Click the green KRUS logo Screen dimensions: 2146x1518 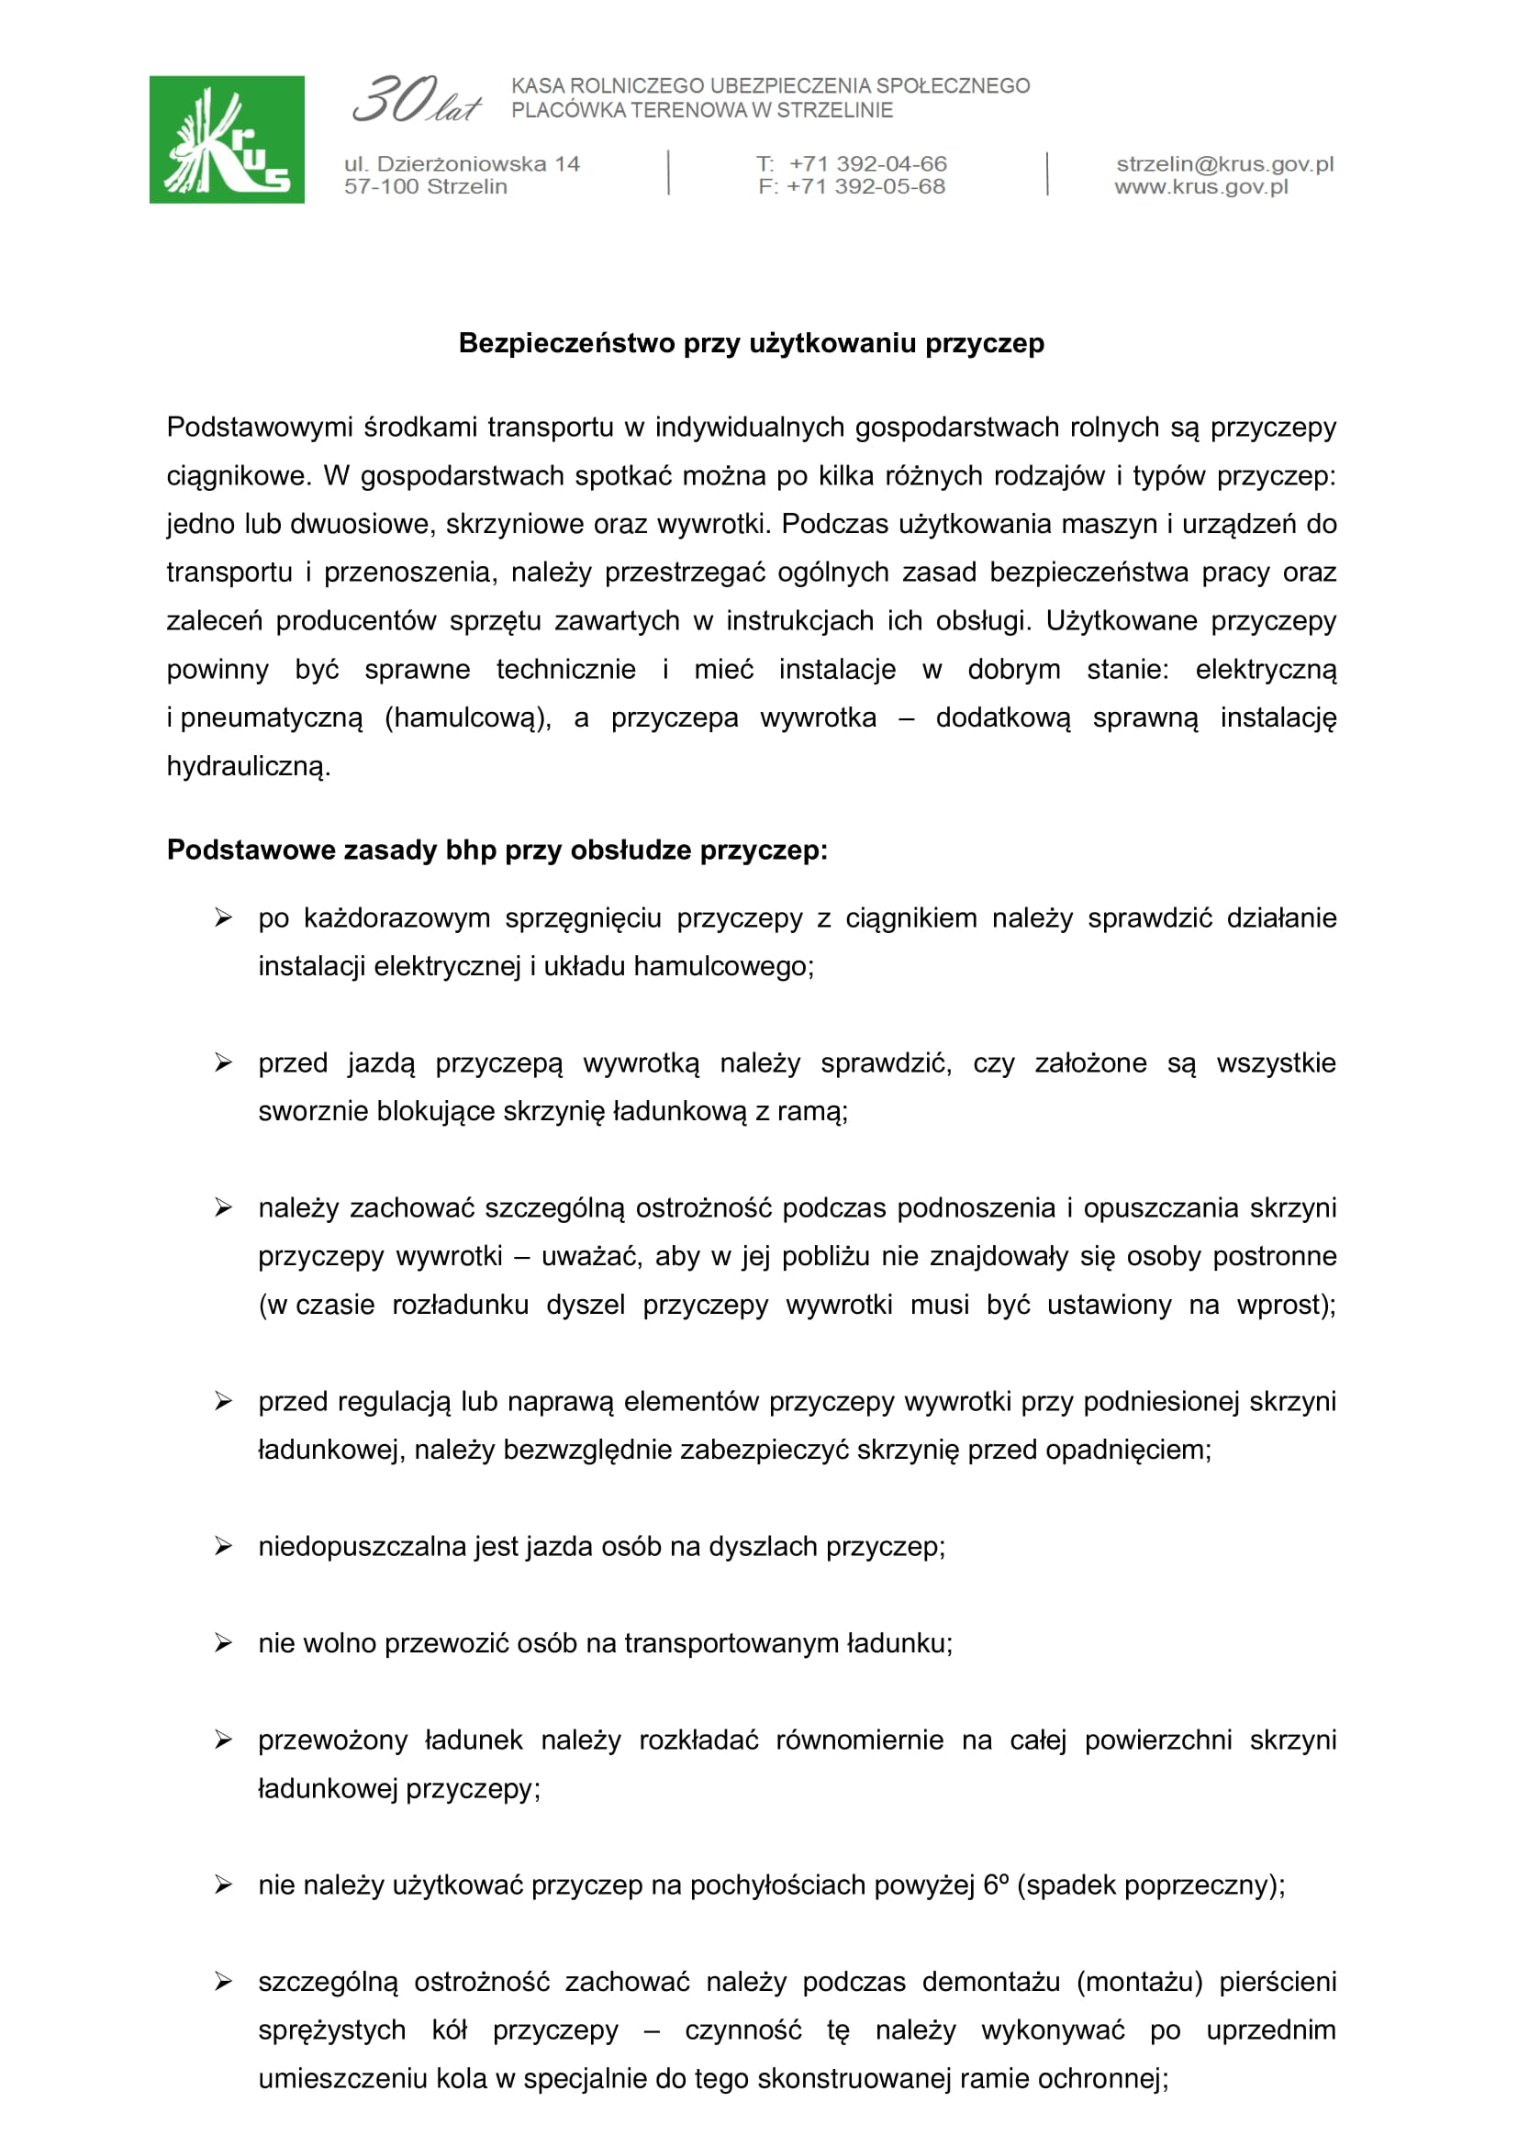click(226, 139)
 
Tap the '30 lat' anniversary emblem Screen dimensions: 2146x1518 click(416, 100)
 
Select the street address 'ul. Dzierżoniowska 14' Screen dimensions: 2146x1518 click(462, 163)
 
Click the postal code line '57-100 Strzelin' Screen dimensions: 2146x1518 click(425, 186)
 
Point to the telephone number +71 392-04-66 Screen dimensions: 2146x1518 click(867, 163)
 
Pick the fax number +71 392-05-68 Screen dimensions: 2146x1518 click(865, 186)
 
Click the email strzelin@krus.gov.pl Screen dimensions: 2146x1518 click(1224, 163)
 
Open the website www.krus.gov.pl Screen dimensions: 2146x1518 click(1201, 186)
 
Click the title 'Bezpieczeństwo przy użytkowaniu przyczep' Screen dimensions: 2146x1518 click(752, 344)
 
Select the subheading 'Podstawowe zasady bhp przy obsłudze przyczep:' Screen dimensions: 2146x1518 click(497, 850)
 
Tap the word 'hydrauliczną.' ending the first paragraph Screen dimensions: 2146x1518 click(249, 766)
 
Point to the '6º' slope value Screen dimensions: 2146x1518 click(996, 1885)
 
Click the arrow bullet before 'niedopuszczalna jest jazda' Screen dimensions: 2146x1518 click(223, 1546)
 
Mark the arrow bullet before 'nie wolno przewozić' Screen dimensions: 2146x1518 click(223, 1643)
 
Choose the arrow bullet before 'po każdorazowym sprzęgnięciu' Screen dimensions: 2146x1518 click(223, 917)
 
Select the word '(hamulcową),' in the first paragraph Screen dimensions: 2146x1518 click(468, 717)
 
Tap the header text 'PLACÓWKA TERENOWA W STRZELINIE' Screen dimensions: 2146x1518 click(702, 110)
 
